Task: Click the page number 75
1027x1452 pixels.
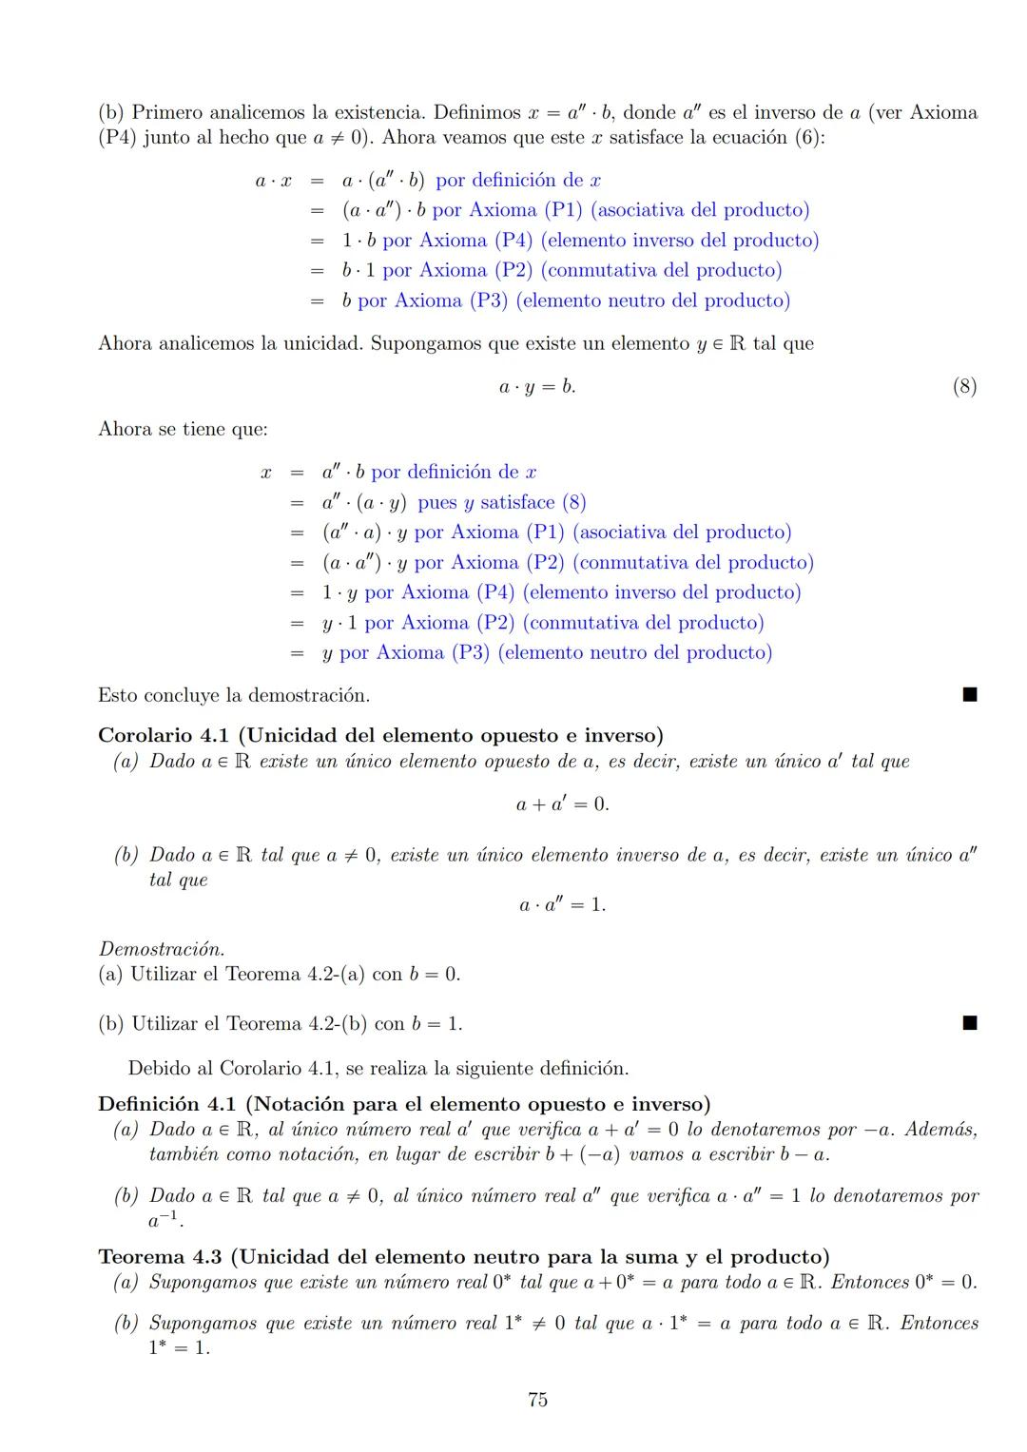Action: [537, 1399]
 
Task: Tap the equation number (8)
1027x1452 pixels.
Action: [964, 386]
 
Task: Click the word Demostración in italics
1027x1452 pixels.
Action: [162, 949]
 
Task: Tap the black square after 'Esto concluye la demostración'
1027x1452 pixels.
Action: [969, 695]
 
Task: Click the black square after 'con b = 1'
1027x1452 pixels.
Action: [969, 1023]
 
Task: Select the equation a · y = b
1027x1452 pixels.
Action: [537, 387]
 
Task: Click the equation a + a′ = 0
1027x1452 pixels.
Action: [562, 804]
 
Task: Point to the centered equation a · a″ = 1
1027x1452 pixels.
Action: [562, 904]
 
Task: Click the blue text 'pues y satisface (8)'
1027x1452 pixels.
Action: [501, 502]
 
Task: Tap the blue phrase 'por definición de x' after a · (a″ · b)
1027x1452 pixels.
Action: [518, 181]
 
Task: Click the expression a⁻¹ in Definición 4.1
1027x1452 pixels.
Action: [166, 1219]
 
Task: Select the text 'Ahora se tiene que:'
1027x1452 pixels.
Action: [183, 429]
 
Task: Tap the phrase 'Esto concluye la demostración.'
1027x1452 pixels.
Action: [234, 695]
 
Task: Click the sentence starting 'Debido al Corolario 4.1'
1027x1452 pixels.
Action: [378, 1068]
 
